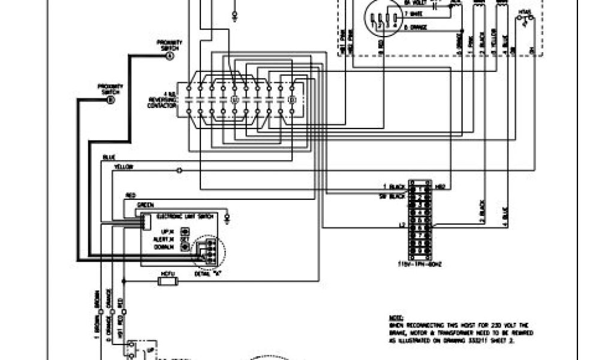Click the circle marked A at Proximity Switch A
click(168, 56)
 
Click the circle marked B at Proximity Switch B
click(110, 100)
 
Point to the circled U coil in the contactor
click(234, 97)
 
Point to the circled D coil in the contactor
click(291, 97)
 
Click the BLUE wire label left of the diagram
click(109, 157)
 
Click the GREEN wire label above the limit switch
click(144, 205)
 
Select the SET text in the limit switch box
click(185, 238)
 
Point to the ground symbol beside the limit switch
click(227, 215)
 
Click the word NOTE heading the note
click(396, 317)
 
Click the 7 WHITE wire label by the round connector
click(414, 13)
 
